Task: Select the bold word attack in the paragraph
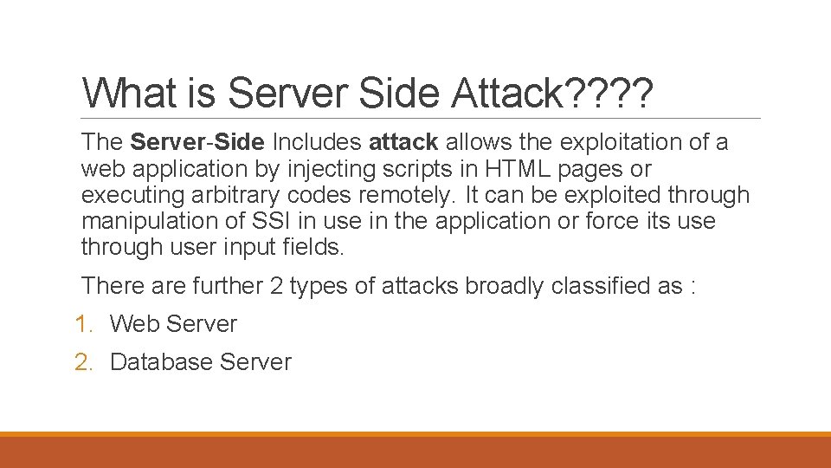click(404, 141)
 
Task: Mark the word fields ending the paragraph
click(312, 247)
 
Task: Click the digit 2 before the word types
click(276, 285)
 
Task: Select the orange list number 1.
click(83, 324)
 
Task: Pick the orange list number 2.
click(83, 362)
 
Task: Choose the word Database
click(162, 362)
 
